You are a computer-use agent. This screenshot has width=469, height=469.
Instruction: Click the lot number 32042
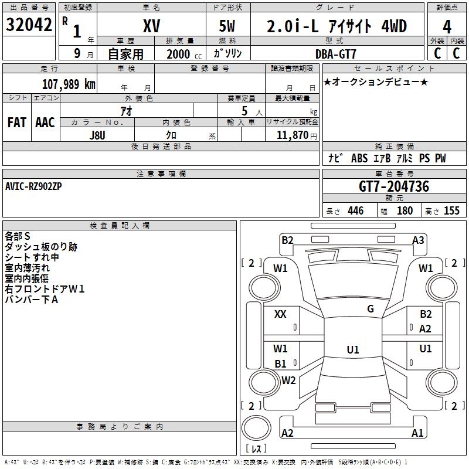[x=29, y=25]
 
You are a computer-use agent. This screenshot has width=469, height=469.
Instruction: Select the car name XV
[x=152, y=26]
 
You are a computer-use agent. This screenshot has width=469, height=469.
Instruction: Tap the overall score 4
[x=447, y=26]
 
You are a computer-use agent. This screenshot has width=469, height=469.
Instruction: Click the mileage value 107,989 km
[x=69, y=84]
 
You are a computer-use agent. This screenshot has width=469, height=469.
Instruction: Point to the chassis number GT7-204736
[x=394, y=186]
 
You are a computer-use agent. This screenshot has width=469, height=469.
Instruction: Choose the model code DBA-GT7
[x=336, y=54]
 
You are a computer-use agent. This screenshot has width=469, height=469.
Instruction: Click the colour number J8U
[x=97, y=135]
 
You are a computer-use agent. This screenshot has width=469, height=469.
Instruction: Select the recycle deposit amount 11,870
[x=293, y=135]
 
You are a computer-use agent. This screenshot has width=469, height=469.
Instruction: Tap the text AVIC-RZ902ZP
[x=33, y=186]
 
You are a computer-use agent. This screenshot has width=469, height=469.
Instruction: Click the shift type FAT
[x=17, y=123]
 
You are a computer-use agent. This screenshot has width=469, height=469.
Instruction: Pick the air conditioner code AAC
[x=45, y=123]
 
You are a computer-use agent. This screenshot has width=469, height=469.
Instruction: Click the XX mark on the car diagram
[x=280, y=314]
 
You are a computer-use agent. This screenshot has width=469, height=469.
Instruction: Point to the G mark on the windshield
[x=371, y=308]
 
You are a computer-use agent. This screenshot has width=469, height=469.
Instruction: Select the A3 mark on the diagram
[x=418, y=240]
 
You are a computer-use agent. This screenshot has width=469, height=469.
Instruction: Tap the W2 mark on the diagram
[x=288, y=380]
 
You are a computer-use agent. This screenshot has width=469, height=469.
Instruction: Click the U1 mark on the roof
[x=353, y=349]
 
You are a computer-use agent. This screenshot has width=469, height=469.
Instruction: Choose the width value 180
[x=405, y=210]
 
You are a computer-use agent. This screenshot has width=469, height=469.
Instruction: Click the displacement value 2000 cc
[x=184, y=54]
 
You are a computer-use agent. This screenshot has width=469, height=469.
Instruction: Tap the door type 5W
[x=227, y=26]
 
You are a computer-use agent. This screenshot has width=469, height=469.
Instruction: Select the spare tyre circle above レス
[x=256, y=427]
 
